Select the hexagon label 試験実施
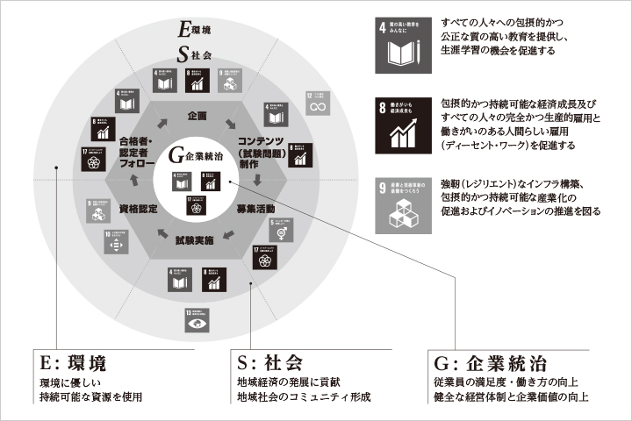pos(197,240)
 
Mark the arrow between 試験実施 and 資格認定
pos(162,233)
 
